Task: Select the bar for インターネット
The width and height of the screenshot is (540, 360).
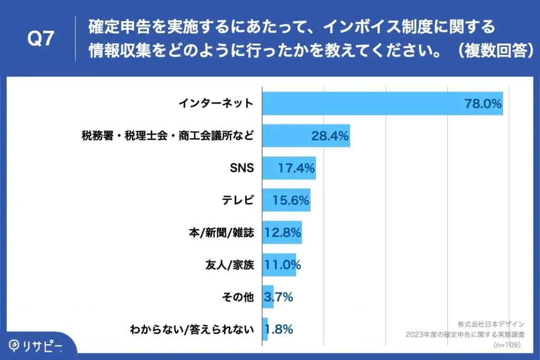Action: [382, 103]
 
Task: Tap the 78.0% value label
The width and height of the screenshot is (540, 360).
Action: [483, 104]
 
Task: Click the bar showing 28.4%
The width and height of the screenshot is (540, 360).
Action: [306, 136]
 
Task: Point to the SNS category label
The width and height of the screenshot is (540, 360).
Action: [242, 168]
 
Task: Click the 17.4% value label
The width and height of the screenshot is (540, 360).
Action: [296, 169]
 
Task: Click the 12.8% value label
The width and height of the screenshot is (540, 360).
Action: [283, 233]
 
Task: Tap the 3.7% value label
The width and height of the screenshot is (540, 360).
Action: [278, 298]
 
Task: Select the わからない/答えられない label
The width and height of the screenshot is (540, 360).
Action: [192, 330]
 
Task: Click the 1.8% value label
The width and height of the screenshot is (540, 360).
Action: [278, 330]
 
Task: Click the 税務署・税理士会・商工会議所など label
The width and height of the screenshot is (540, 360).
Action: [168, 136]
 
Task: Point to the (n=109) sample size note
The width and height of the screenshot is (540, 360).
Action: [507, 345]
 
